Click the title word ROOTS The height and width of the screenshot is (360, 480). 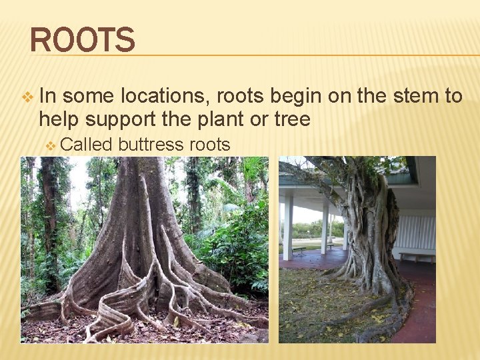coord(82,39)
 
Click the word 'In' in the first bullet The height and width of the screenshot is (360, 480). coord(49,97)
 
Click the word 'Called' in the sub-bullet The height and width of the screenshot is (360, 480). coord(89,145)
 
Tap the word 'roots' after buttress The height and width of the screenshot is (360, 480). coord(210,145)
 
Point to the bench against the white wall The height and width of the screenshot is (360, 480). coord(417,256)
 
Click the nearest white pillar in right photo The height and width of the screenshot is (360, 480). coord(288,227)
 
